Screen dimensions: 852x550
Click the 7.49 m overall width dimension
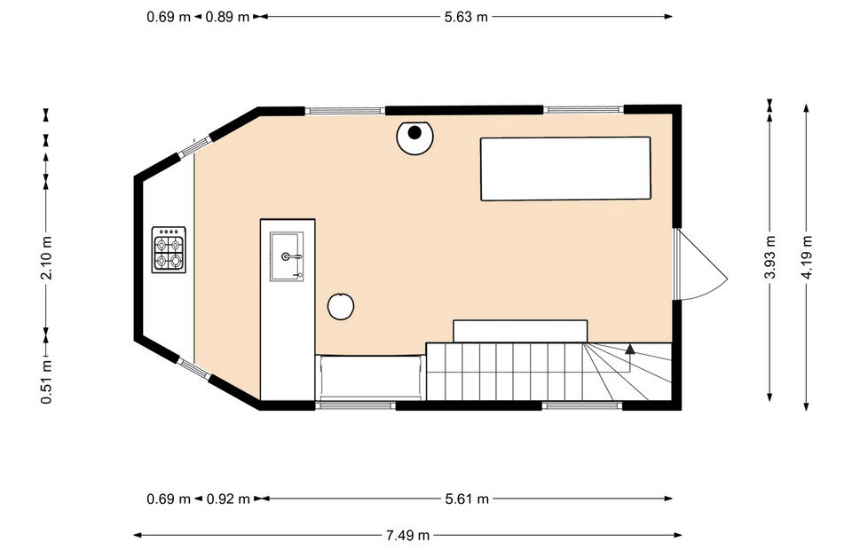point(407,536)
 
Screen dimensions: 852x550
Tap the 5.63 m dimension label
point(466,17)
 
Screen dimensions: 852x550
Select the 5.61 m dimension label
point(467,499)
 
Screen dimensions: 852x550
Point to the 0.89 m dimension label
point(228,17)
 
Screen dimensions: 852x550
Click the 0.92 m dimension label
point(228,499)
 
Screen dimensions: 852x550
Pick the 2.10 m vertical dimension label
point(47,257)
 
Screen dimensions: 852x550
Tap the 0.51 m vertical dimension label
point(47,382)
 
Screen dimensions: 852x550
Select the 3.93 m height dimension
point(769,257)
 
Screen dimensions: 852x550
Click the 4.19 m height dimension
point(807,257)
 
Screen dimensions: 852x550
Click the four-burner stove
point(169,250)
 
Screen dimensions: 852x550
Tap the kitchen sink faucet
point(292,256)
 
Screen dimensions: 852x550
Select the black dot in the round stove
point(414,132)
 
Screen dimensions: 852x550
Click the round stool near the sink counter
point(341,306)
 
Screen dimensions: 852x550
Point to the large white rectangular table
point(565,169)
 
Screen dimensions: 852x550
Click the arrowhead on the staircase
point(630,350)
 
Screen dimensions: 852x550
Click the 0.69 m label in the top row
point(169,17)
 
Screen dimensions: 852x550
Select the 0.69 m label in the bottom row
point(169,499)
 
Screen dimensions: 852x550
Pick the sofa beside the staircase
point(371,377)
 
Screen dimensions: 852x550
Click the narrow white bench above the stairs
point(520,331)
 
